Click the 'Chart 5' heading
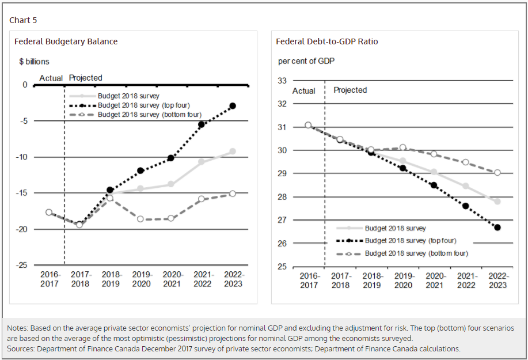click(23, 20)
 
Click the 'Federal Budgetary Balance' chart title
click(66, 41)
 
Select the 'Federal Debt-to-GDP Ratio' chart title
click(326, 41)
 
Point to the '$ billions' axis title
click(34, 61)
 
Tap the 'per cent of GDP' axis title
click(306, 60)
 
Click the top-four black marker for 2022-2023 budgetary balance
click(232, 106)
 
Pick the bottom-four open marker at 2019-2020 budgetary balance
click(140, 219)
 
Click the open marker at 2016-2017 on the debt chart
click(308, 125)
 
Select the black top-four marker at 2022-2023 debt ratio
click(497, 228)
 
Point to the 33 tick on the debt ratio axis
click(282, 81)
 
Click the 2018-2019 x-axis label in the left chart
click(111, 279)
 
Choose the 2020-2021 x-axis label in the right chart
click(435, 281)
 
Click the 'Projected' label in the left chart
click(85, 78)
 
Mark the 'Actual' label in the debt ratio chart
click(303, 90)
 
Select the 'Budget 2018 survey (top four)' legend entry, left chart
click(143, 105)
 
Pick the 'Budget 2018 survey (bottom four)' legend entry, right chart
click(416, 253)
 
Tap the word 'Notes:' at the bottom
click(18, 328)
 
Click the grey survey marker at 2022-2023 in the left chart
click(232, 151)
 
